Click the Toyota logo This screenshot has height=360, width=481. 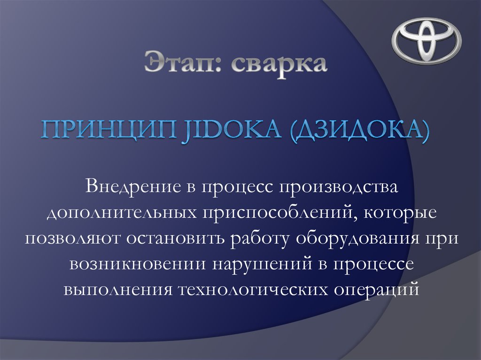pos(427,41)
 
